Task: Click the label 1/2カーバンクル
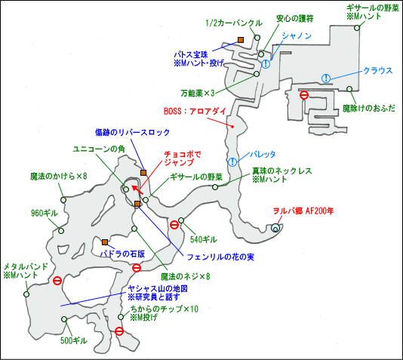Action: pyautogui.click(x=234, y=23)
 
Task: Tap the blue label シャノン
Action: pyautogui.click(x=297, y=35)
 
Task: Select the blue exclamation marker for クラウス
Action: pyautogui.click(x=326, y=78)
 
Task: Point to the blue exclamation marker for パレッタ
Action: pyautogui.click(x=232, y=162)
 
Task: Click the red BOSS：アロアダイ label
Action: pyautogui.click(x=195, y=111)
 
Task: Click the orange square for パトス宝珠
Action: pyautogui.click(x=241, y=40)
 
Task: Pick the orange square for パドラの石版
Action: pyautogui.click(x=105, y=242)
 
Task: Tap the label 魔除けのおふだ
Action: pyautogui.click(x=369, y=109)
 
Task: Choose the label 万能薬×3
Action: pyautogui.click(x=198, y=93)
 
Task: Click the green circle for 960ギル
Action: pyautogui.click(x=61, y=230)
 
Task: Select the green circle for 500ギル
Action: pyautogui.click(x=64, y=319)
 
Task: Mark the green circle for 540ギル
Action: pyautogui.click(x=181, y=220)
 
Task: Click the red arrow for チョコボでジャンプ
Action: pyautogui.click(x=137, y=190)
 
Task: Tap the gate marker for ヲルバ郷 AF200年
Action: pyautogui.click(x=275, y=227)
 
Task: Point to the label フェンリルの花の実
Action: pyautogui.click(x=220, y=257)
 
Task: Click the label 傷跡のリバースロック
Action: pyautogui.click(x=132, y=132)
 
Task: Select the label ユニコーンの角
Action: pyautogui.click(x=99, y=149)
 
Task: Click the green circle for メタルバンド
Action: pyautogui.click(x=26, y=294)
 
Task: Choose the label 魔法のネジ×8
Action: pyautogui.click(x=186, y=276)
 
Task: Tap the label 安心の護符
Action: pyautogui.click(x=295, y=19)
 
